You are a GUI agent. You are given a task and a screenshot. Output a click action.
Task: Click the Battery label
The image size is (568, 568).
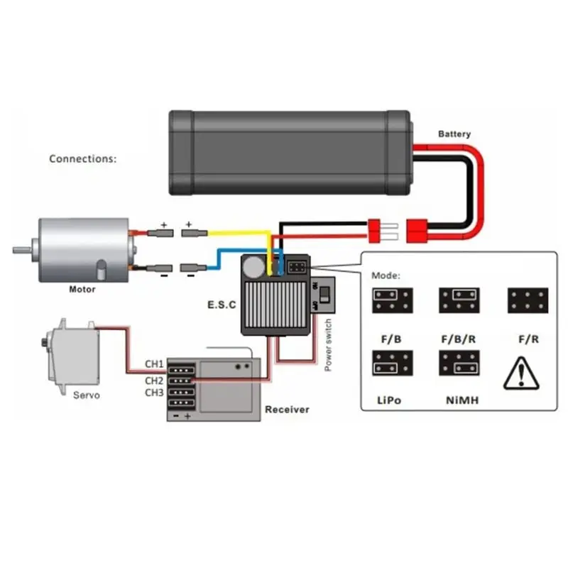pyautogui.click(x=454, y=133)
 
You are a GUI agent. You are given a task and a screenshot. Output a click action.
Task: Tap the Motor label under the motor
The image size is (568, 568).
pyautogui.click(x=82, y=289)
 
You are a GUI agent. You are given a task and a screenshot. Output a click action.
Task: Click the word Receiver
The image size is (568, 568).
pyautogui.click(x=287, y=410)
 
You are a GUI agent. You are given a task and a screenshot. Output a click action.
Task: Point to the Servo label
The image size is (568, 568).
pyautogui.click(x=86, y=395)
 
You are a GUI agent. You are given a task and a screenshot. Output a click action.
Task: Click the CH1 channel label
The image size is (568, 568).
pyautogui.click(x=155, y=364)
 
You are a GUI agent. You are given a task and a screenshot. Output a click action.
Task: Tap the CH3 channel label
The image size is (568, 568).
pyautogui.click(x=155, y=393)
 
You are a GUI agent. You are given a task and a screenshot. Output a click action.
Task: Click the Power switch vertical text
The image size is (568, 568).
pyautogui.click(x=328, y=346)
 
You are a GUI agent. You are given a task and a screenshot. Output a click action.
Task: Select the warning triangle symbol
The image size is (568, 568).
pyautogui.click(x=521, y=373)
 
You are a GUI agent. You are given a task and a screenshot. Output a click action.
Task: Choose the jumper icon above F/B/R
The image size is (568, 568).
pyautogui.click(x=458, y=301)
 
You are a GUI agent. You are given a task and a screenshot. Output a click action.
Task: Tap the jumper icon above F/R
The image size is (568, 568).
pyautogui.click(x=527, y=301)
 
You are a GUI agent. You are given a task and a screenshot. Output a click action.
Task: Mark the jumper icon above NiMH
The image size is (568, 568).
pyautogui.click(x=458, y=364)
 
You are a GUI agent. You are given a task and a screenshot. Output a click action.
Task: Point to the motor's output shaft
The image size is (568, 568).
pyautogui.click(x=19, y=249)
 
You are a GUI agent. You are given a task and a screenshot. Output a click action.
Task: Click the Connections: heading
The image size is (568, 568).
pyautogui.click(x=82, y=158)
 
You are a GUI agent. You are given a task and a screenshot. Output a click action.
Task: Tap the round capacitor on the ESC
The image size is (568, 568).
pyautogui.click(x=253, y=266)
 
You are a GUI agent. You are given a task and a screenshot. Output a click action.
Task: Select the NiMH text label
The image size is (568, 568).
pyautogui.click(x=462, y=400)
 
